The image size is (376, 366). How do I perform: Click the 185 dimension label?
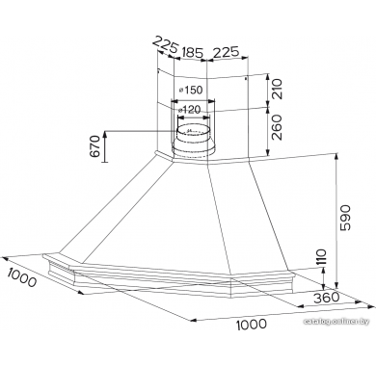click(x=193, y=52)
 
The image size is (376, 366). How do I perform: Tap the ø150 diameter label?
click(x=191, y=91)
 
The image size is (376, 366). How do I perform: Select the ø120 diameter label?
click(x=189, y=110)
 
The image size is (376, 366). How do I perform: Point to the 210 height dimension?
click(x=277, y=89)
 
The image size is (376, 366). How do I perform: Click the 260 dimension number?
click(x=277, y=127)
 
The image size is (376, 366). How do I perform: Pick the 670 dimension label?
click(x=95, y=146)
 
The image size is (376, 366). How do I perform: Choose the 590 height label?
click(x=346, y=218)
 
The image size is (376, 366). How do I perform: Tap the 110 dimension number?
click(x=321, y=257)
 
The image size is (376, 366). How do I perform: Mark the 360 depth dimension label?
click(x=327, y=298)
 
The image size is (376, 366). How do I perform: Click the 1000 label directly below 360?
click(x=252, y=325)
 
